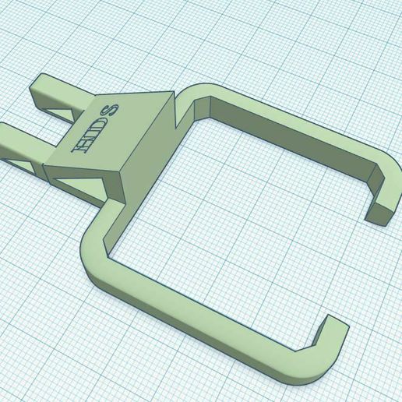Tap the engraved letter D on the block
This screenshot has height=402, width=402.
98,128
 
